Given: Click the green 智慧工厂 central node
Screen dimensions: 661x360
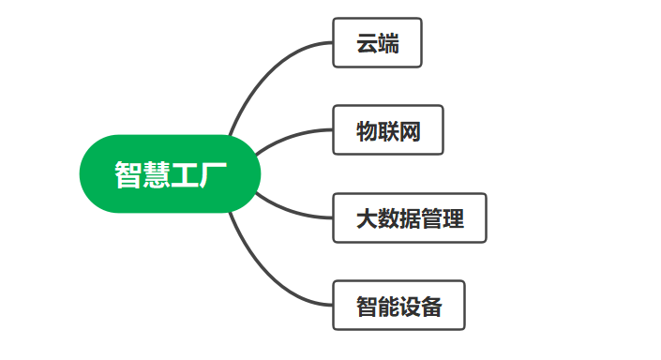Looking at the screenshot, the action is (169, 174).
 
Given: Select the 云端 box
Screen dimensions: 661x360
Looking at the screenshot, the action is (377, 43).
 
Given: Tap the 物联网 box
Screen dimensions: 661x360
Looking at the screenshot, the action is (387, 130).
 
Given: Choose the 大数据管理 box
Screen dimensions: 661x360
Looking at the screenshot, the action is (410, 218).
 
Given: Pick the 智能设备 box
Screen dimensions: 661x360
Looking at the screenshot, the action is (398, 306).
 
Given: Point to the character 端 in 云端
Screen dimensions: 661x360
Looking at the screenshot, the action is (388, 44).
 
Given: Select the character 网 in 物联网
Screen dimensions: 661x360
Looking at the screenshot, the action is (409, 131).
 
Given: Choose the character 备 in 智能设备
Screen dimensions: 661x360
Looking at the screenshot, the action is (431, 307).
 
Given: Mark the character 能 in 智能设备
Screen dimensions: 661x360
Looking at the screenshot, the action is (388, 307).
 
